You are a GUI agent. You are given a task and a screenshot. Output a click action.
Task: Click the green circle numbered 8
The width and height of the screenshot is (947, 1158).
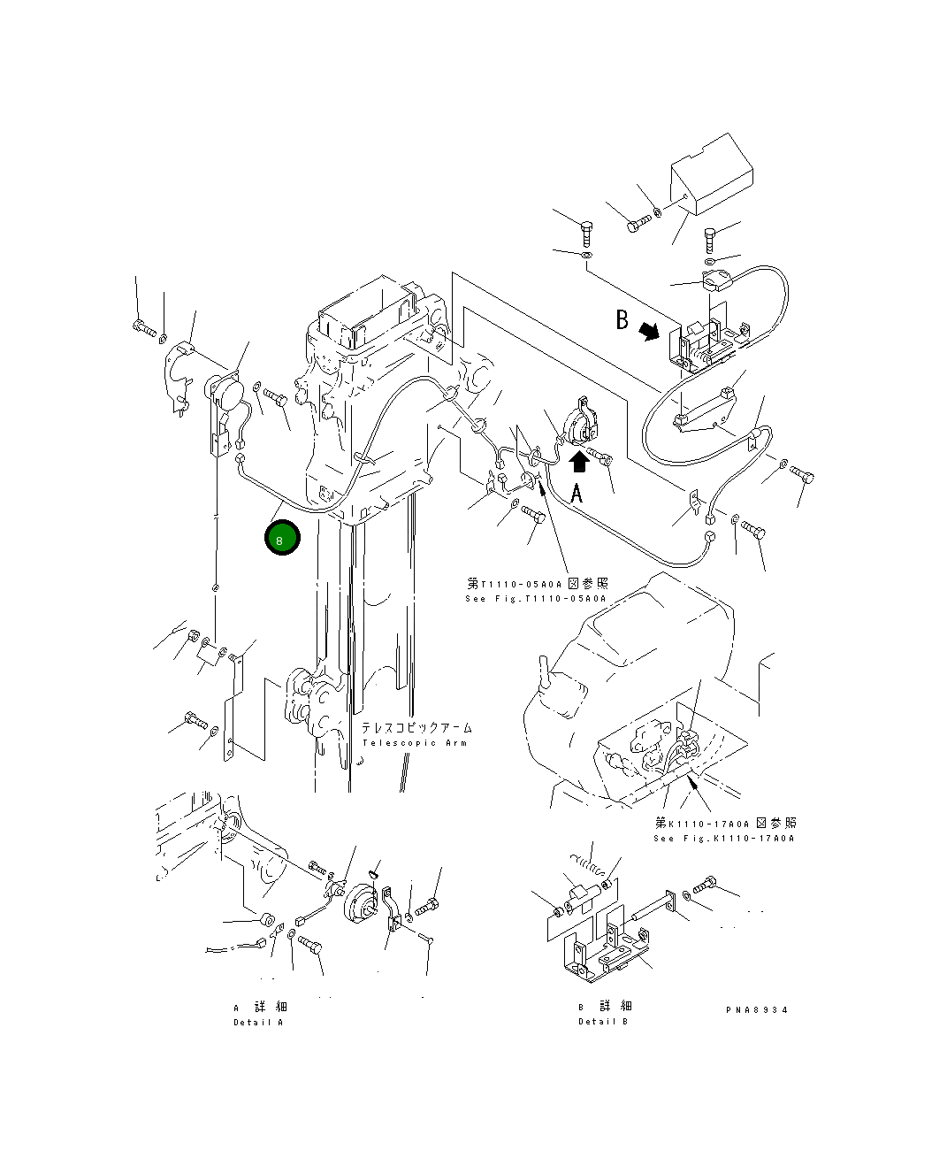pyautogui.click(x=282, y=539)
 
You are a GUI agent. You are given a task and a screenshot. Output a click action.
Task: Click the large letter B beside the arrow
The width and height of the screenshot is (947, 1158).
pyautogui.click(x=622, y=319)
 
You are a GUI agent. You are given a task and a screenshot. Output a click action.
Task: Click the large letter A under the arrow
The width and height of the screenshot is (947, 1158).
pyautogui.click(x=577, y=493)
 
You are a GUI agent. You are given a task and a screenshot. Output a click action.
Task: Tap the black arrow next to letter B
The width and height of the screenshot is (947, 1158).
pyautogui.click(x=650, y=330)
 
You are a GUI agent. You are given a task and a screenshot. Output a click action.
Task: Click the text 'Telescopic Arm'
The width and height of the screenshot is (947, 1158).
pyautogui.click(x=414, y=743)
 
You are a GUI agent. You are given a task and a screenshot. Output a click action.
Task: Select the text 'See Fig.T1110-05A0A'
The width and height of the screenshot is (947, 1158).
pyautogui.click(x=536, y=599)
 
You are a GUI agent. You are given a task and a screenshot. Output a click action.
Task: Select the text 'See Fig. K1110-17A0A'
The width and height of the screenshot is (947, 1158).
pyautogui.click(x=723, y=839)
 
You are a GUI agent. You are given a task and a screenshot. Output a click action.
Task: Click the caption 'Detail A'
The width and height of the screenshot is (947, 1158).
pyautogui.click(x=258, y=1023)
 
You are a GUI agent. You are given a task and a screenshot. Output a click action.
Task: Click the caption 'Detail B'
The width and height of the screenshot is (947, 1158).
pyautogui.click(x=603, y=1022)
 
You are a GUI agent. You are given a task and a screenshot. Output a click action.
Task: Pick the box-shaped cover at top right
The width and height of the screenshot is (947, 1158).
pyautogui.click(x=711, y=175)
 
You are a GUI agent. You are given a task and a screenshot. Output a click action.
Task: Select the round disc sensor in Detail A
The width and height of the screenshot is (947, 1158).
pyautogui.click(x=362, y=905)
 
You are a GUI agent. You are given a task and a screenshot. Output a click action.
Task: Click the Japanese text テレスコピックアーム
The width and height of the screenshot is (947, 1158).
pyautogui.click(x=416, y=727)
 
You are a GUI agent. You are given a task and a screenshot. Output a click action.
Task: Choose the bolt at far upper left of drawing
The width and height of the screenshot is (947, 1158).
pyautogui.click(x=144, y=328)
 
